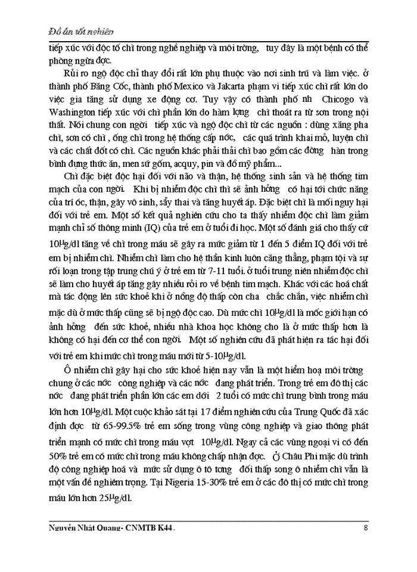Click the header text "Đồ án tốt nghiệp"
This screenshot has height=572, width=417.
[x=81, y=30]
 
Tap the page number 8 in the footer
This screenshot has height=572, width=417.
[x=365, y=527]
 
